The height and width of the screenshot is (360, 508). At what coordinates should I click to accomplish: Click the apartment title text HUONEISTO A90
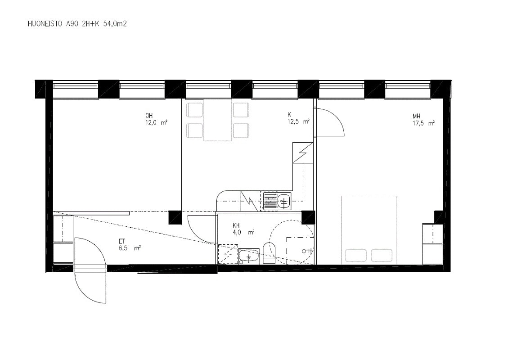tap(53, 24)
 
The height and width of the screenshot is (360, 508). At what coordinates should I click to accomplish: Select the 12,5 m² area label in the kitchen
tap(298, 121)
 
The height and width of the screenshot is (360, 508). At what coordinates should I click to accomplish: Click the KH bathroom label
tap(236, 225)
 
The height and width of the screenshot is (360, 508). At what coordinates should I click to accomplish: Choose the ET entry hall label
tap(122, 241)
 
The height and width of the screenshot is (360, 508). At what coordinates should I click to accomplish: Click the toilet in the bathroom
tap(270, 253)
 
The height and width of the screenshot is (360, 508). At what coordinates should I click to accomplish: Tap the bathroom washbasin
tap(249, 256)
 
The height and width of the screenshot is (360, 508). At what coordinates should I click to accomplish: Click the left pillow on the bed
tap(356, 255)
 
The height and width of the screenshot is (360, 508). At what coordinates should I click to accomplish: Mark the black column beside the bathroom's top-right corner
tap(308, 217)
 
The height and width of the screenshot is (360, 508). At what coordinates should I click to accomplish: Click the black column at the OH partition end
tap(175, 217)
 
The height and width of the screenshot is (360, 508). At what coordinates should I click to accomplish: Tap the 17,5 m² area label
tap(423, 123)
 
